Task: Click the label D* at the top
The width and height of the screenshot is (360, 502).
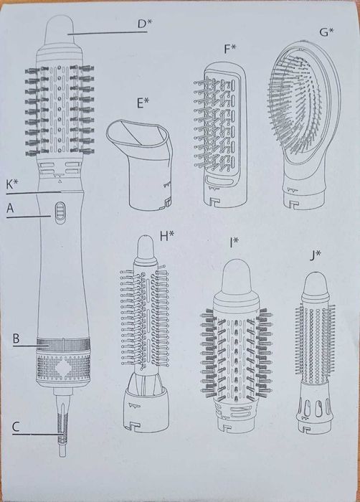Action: pos(143,24)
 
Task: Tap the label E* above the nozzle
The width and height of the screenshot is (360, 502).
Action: pos(143,103)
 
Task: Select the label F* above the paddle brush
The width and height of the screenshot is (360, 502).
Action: pos(229,49)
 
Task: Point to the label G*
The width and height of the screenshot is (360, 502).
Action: pos(326,32)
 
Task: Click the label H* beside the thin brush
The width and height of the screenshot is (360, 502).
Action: pos(167,236)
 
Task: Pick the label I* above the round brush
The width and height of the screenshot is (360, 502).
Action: pos(234,243)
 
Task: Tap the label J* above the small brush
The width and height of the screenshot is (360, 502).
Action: pos(315,256)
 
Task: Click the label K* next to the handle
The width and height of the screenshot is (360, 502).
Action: pos(12,185)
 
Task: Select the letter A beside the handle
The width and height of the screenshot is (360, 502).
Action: pos(10,209)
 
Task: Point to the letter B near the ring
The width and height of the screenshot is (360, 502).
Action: pos(16,338)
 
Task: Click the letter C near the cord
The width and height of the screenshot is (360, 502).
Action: pos(16,427)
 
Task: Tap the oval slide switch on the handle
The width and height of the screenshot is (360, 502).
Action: pos(60,213)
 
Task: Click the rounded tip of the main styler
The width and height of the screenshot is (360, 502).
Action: pos(60,29)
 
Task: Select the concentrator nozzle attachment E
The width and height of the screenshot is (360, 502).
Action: pos(140,164)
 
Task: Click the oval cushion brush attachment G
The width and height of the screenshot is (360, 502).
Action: pos(304,125)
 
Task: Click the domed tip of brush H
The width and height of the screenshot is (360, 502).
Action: pos(146,248)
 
